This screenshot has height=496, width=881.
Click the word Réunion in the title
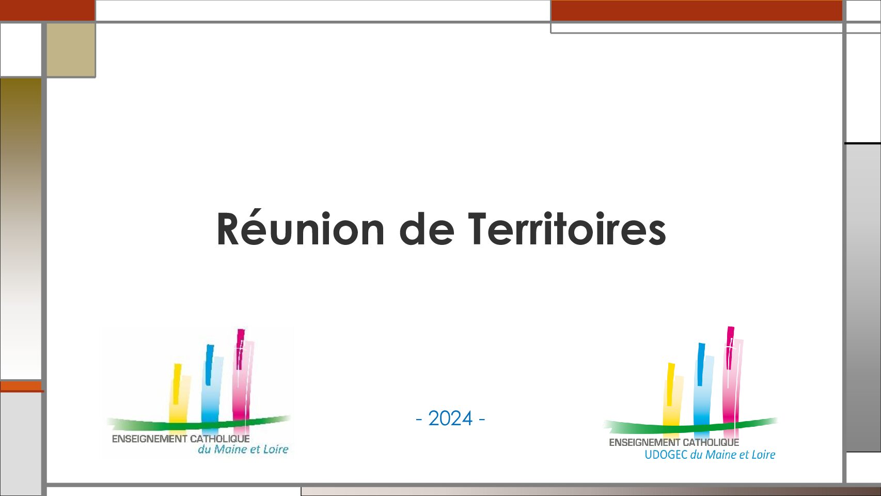click(x=300, y=229)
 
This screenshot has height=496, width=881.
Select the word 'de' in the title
click(x=427, y=229)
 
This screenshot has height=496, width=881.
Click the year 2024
click(x=450, y=419)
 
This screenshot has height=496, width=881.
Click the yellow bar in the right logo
click(x=672, y=396)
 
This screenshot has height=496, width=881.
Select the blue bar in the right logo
click(x=704, y=386)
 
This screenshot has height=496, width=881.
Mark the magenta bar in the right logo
click(x=733, y=378)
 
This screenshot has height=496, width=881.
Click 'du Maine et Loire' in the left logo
click(x=243, y=449)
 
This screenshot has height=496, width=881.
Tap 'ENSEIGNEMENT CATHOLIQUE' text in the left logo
click(x=181, y=439)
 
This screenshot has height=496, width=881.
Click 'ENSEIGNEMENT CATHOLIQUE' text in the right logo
click(x=674, y=442)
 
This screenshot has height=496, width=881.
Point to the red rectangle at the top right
click(x=697, y=10)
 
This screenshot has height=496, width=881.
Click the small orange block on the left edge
click(x=21, y=386)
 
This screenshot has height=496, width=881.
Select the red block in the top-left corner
click(x=47, y=10)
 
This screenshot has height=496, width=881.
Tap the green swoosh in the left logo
click(x=199, y=424)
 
